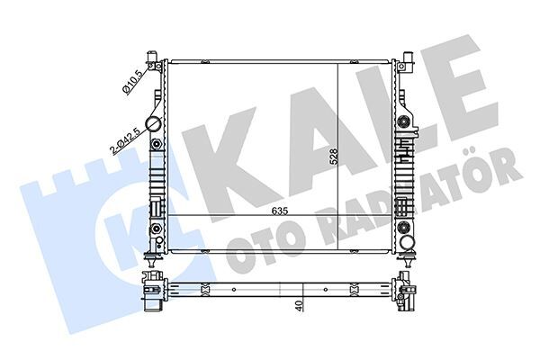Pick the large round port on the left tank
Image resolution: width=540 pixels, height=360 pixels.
(153, 125)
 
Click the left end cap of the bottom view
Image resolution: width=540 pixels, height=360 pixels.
(151, 291)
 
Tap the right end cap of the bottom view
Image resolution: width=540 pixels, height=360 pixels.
(407, 291)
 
